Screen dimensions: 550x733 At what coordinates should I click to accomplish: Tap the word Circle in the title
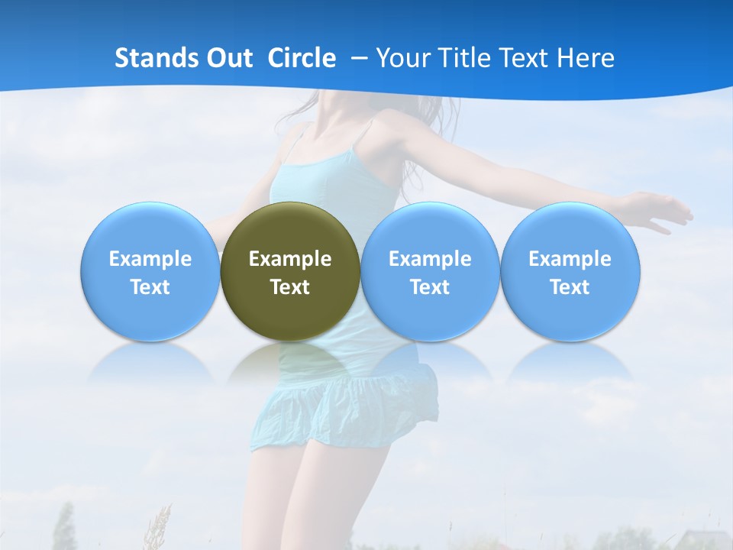coord(302,58)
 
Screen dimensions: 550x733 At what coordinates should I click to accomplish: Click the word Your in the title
coord(401,58)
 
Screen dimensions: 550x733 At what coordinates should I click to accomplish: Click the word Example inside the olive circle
coord(290,259)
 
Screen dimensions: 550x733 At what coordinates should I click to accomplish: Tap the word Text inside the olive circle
coord(290,287)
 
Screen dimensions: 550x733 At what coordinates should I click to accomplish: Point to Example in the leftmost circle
coord(150,259)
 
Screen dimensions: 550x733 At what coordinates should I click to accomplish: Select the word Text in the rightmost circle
coord(570,287)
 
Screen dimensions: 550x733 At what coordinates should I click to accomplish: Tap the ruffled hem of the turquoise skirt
coord(344,416)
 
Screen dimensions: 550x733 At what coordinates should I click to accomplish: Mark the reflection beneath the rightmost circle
coord(570,363)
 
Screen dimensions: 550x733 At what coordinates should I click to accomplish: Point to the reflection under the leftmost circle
coord(150,363)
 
